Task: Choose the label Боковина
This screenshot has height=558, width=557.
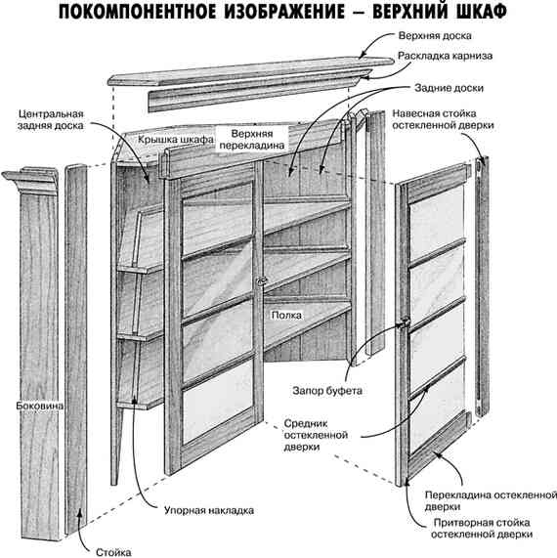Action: tap(40, 403)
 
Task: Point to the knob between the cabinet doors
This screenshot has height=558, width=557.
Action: tap(260, 282)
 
